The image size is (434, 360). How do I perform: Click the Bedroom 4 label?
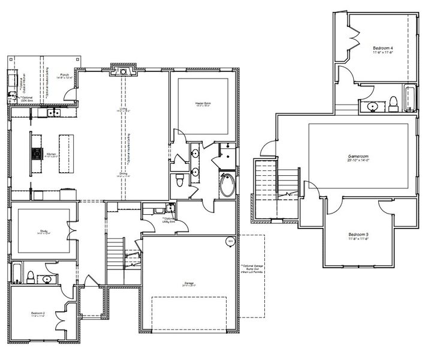382,49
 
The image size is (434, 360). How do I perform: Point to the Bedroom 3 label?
358,235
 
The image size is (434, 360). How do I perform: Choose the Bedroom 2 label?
38,314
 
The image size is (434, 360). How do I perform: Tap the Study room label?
41,232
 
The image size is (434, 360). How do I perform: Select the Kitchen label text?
53,155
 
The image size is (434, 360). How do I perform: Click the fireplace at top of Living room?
124,72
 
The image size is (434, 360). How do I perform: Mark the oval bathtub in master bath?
228,185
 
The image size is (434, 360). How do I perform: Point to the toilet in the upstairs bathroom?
393,103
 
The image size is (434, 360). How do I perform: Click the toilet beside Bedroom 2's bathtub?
30,276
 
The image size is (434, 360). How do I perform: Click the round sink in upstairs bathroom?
371,106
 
